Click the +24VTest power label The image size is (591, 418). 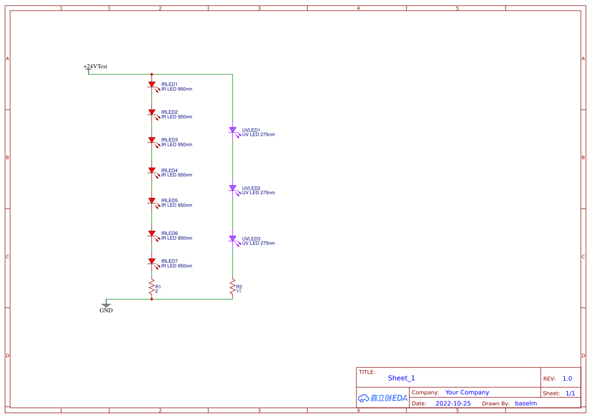coord(95,67)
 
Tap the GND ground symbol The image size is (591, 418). coord(106,306)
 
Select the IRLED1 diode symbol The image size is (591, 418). coord(152,85)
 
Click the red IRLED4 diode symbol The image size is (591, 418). coord(152,171)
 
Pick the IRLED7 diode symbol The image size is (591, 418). coord(152,262)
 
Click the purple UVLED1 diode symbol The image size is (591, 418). coord(233,130)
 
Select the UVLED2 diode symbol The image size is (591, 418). coord(233,189)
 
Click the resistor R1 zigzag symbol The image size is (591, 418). coord(152,287)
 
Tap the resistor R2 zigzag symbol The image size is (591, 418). coord(233,287)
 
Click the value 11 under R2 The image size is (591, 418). coord(239,292)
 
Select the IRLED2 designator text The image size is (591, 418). coord(169,112)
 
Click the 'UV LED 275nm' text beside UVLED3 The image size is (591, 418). coord(258,244)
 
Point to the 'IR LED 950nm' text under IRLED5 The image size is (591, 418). coord(176,206)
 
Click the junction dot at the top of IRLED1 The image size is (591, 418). coord(152,74)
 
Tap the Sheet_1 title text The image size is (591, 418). coord(401,378)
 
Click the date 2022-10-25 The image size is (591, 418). coord(453,404)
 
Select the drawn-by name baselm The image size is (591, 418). coord(526,404)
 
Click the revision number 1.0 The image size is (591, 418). coord(567,379)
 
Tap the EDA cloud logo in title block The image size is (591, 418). coord(382,398)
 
